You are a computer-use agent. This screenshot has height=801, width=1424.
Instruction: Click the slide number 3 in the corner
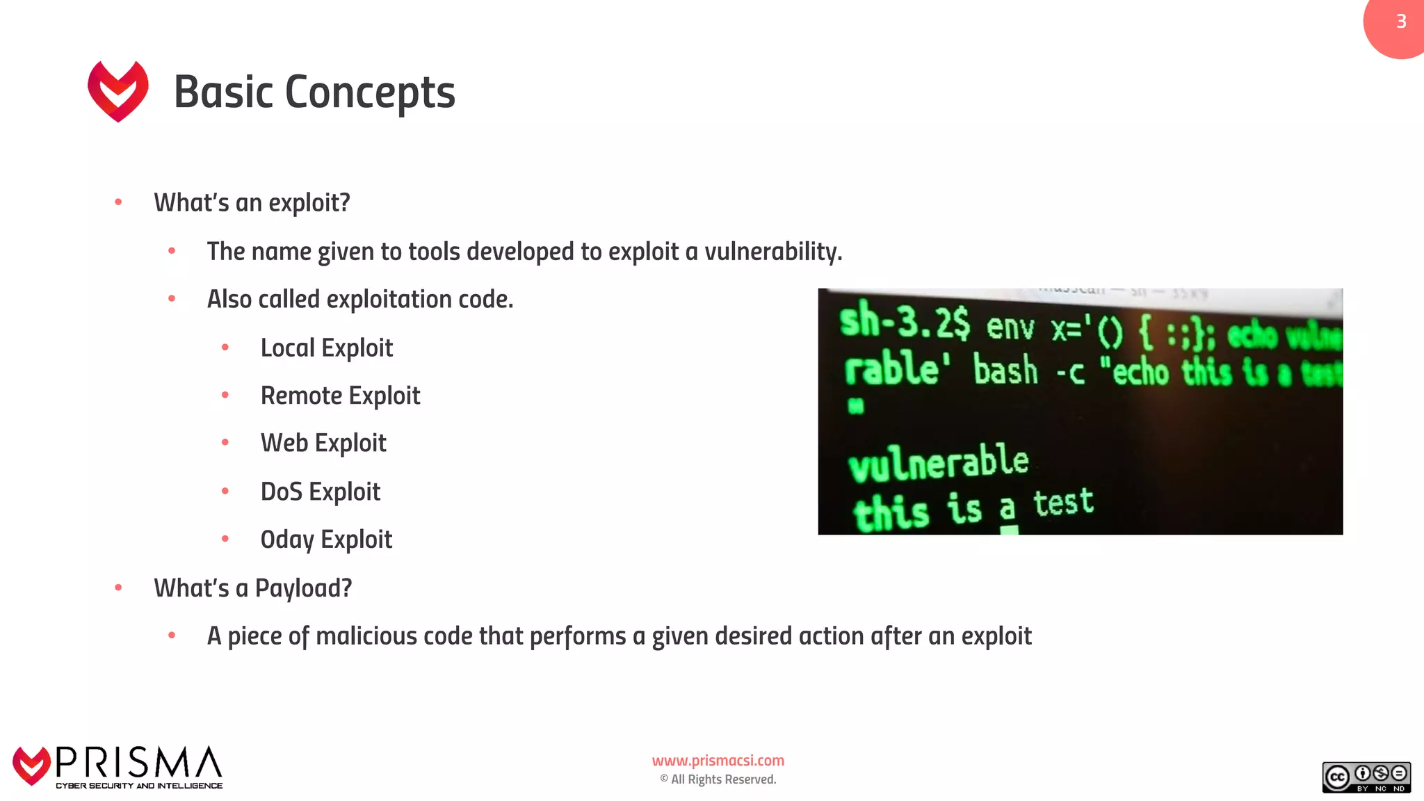[x=1401, y=22]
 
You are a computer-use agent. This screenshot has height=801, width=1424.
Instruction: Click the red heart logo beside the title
[x=118, y=90]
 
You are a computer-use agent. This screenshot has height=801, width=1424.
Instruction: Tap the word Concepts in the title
[x=370, y=92]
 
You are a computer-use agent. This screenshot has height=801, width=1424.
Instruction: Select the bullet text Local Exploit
[x=326, y=348]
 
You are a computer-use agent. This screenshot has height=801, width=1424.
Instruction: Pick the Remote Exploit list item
[x=340, y=396]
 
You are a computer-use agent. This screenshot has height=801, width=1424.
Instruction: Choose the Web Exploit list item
[x=323, y=443]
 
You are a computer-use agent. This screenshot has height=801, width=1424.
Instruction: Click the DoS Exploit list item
[x=320, y=492]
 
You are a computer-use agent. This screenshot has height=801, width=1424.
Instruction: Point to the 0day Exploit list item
[x=326, y=540]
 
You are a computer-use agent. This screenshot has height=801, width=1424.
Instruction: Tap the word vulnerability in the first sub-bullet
[x=772, y=252]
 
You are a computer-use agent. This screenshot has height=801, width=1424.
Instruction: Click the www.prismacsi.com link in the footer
[x=718, y=761]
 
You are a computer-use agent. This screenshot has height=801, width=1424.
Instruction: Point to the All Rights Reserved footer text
[x=722, y=779]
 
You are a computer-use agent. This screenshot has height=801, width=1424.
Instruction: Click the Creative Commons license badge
[x=1366, y=777]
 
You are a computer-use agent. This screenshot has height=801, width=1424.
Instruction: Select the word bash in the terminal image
[x=1005, y=369]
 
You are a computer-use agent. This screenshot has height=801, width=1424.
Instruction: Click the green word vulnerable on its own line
[x=938, y=463]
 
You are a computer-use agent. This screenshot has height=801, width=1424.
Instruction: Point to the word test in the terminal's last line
[x=1063, y=502]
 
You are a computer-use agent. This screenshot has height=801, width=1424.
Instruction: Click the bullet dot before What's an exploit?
[x=118, y=202]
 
